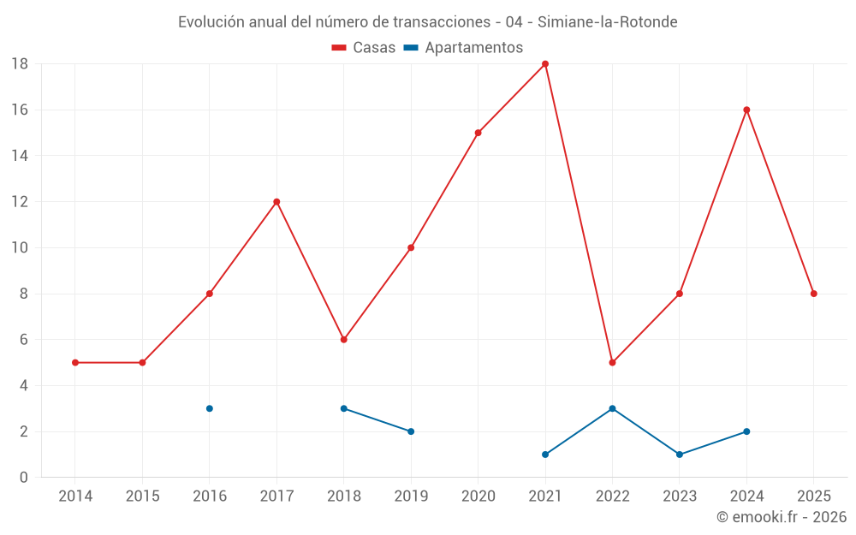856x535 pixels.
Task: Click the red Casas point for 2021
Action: pos(545,64)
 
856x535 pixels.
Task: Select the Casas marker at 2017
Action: pos(276,202)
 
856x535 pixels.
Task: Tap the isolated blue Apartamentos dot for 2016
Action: pos(210,408)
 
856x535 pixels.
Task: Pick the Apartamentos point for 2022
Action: pos(612,408)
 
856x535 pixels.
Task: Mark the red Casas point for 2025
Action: pos(814,294)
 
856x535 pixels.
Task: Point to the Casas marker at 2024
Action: pos(746,110)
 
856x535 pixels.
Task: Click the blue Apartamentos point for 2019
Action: pos(411,431)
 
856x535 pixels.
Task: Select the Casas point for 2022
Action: pos(612,362)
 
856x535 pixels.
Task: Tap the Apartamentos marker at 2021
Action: pos(545,455)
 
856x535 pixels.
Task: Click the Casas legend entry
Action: pos(364,47)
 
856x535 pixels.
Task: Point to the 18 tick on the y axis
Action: pos(20,64)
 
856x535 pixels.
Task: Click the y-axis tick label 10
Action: pos(20,248)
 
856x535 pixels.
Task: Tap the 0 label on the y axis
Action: pos(24,478)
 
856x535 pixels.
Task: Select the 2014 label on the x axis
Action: pos(75,496)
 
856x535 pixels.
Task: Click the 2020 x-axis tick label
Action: pos(478,496)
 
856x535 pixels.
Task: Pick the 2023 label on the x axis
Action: pos(680,496)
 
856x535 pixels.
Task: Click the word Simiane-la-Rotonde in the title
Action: pos(608,22)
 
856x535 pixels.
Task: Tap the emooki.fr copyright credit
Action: pos(782,517)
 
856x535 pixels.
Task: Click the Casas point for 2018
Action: pos(343,340)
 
